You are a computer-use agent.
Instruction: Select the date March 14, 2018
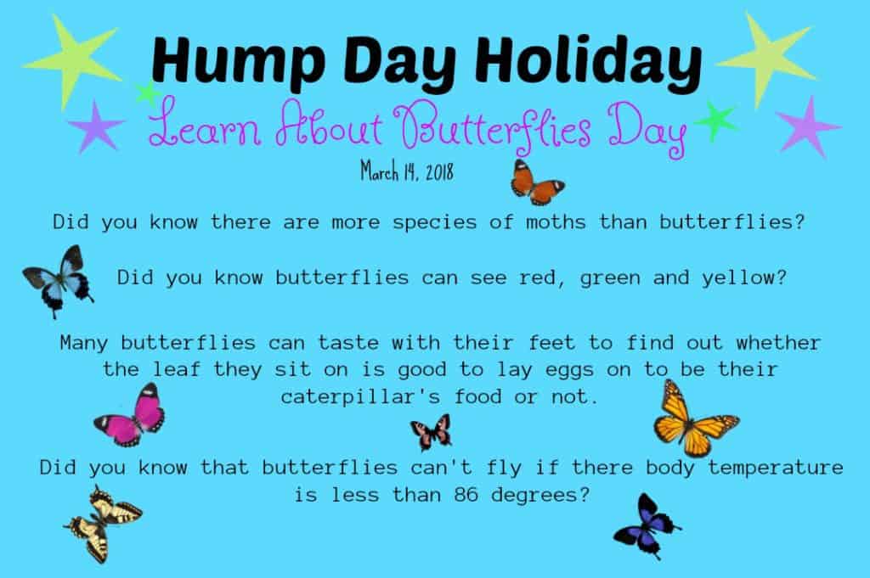[407, 171]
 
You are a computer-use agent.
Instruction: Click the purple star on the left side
[95, 127]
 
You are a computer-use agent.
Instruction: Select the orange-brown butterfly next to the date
[537, 182]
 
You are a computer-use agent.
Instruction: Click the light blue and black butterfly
[59, 280]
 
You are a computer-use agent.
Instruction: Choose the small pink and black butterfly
[431, 432]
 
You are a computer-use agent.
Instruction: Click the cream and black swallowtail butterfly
[103, 524]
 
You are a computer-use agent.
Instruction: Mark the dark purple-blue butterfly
[647, 526]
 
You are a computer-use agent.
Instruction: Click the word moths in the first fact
[556, 222]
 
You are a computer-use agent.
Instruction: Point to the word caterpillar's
[360, 397]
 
